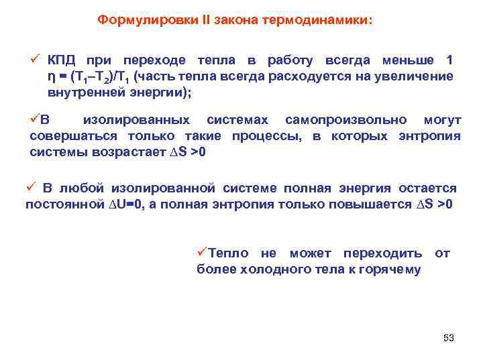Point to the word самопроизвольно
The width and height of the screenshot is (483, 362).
[345, 120]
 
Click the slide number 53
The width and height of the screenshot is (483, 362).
[449, 339]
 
